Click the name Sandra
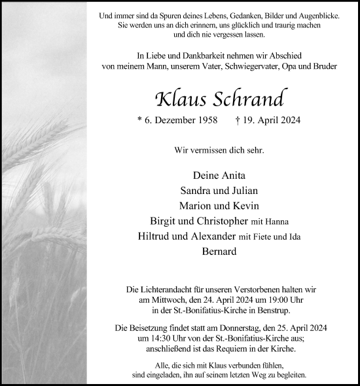194,191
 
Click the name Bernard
219,251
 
